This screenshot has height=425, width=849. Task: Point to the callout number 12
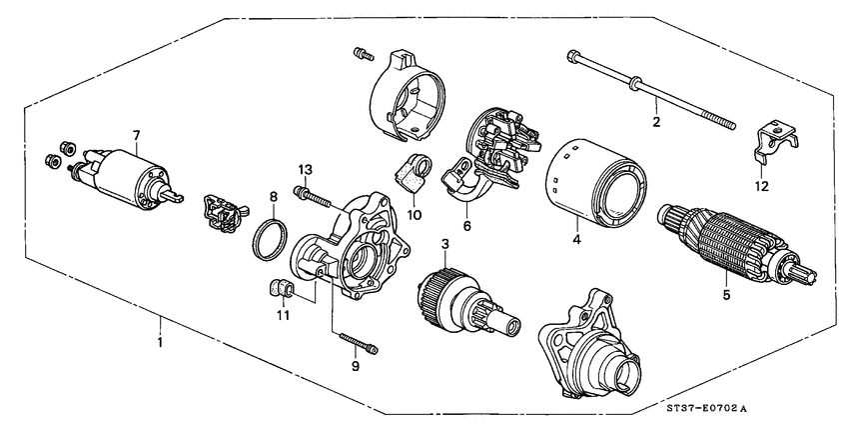tap(760, 187)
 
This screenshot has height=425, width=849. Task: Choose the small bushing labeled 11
tap(280, 291)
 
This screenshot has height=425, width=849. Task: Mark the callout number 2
tap(656, 122)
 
